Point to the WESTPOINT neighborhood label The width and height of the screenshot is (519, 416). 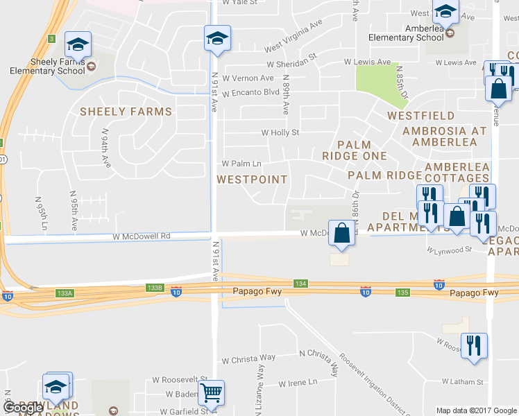coord(251,180)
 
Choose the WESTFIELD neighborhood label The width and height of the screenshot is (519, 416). coord(421,116)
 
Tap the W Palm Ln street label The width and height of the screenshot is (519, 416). coord(241,164)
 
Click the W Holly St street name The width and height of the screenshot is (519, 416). coord(280,132)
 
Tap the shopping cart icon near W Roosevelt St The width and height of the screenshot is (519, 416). coord(212,393)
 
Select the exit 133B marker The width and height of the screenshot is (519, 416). coord(154,287)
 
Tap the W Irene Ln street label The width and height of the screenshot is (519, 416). coord(298,383)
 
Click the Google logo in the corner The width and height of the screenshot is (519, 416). coord(23,408)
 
